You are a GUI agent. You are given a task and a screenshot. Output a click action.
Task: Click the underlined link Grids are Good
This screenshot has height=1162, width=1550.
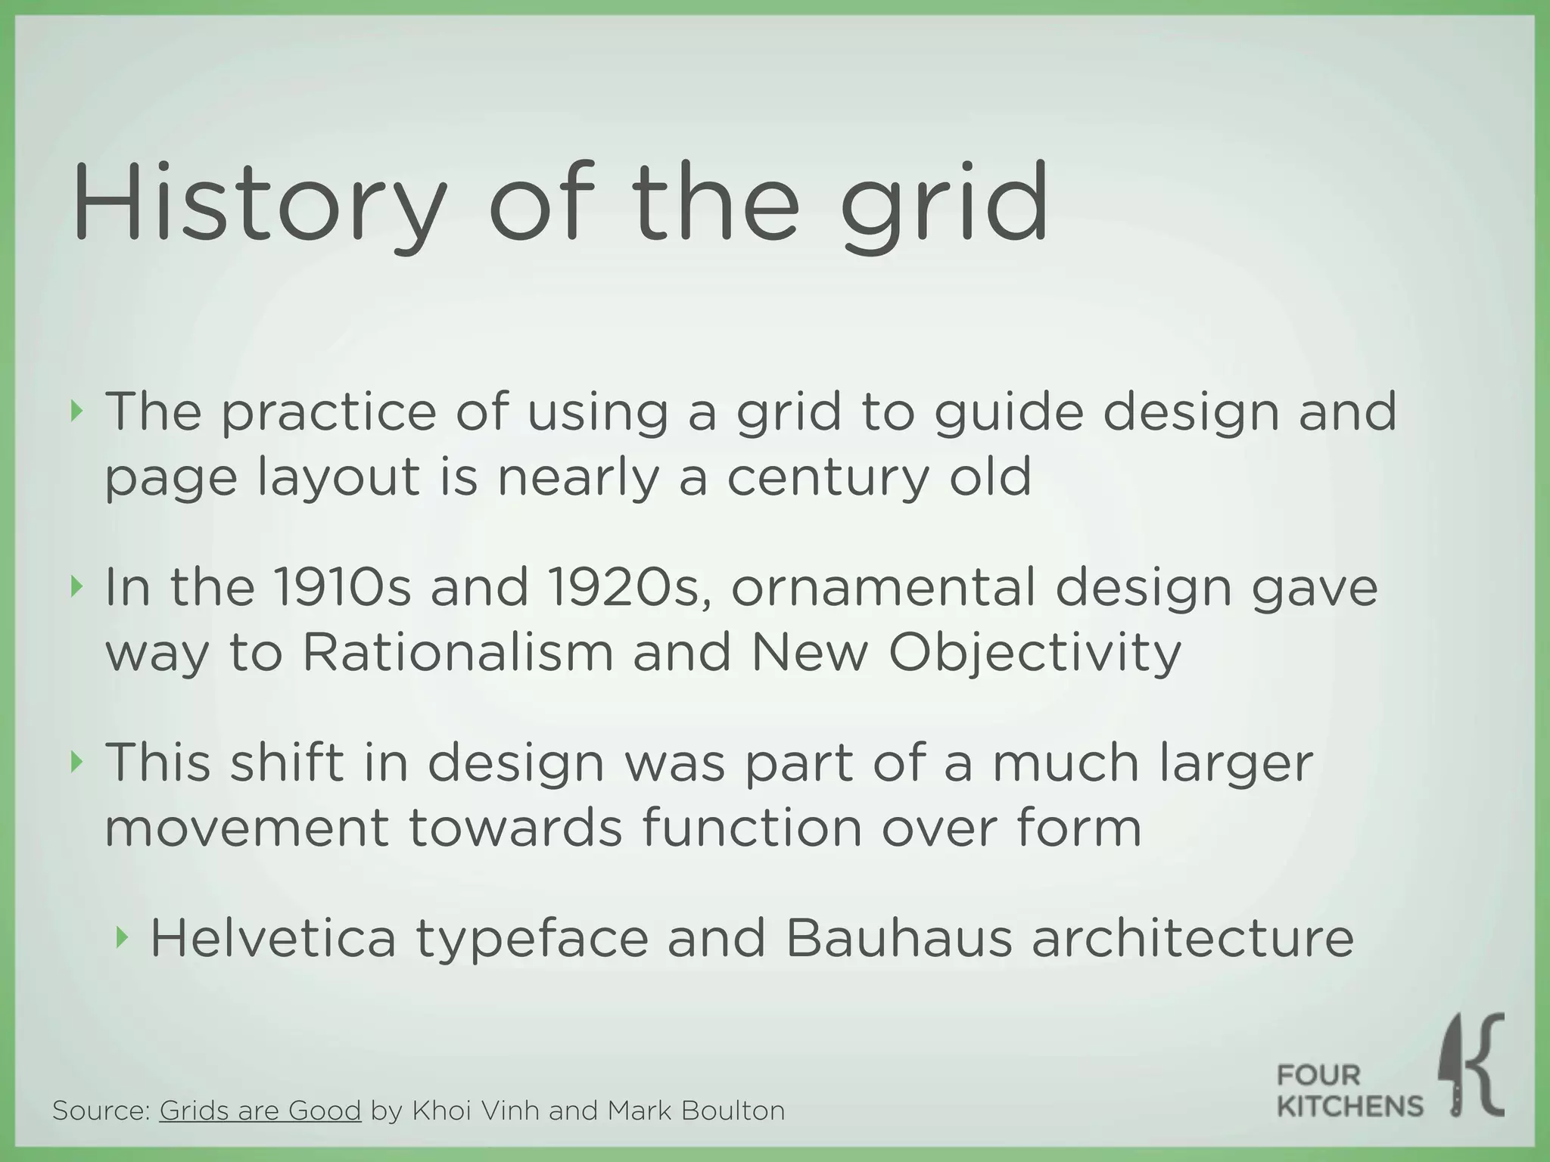(x=260, y=1110)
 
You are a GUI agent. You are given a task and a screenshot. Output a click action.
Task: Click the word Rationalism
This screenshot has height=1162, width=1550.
(x=457, y=652)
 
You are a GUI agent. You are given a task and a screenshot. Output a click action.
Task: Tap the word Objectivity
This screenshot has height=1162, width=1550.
(x=1034, y=652)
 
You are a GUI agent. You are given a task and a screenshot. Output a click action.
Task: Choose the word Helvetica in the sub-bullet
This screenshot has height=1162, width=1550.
(x=273, y=938)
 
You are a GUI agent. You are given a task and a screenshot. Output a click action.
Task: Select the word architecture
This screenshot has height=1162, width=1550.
(x=1193, y=938)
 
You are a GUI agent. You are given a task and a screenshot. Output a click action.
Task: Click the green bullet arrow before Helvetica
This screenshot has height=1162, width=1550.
(x=122, y=938)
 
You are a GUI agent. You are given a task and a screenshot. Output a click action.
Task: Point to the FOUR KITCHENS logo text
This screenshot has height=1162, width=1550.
(x=1349, y=1091)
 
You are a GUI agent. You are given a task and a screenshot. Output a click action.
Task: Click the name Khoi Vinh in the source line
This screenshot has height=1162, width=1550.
(x=475, y=1110)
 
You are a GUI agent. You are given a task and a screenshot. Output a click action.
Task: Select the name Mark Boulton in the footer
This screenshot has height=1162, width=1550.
(x=696, y=1110)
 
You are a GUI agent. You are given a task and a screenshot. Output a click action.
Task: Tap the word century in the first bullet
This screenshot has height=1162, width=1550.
(x=826, y=478)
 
